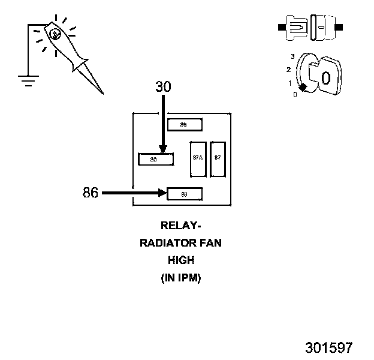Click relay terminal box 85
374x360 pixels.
185,125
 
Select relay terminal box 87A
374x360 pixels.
197,158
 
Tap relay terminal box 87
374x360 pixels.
218,158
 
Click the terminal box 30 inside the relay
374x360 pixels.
155,160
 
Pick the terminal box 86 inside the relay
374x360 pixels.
185,194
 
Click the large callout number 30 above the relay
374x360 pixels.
163,86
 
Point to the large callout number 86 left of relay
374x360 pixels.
91,193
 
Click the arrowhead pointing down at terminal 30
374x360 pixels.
162,150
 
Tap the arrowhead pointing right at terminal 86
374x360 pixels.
162,193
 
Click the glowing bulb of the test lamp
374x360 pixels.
55,35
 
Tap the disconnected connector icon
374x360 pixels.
309,28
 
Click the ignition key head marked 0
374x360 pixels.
325,77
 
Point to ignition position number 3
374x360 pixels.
292,56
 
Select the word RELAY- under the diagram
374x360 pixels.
180,226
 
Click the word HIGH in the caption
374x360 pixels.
180,260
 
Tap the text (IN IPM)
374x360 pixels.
180,278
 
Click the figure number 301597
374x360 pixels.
328,347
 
